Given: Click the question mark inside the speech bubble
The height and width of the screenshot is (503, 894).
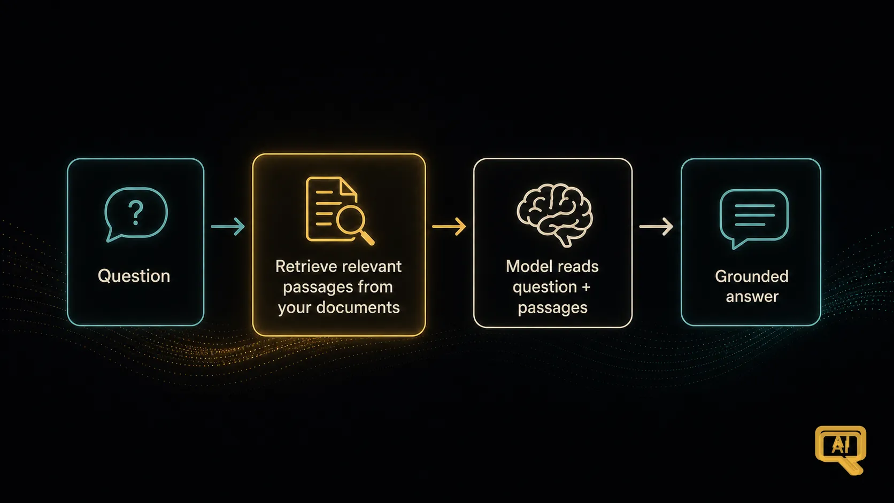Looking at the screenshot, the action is [136, 213].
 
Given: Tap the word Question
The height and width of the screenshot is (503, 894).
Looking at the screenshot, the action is [134, 276].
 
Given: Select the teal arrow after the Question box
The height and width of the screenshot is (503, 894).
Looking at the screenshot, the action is [228, 227].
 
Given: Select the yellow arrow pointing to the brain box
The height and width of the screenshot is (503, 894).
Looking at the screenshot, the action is [449, 227].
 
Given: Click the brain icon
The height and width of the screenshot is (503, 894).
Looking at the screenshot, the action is [555, 214].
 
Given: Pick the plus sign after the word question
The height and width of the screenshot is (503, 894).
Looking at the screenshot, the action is [586, 287].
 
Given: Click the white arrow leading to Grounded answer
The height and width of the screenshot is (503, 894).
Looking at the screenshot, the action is [656, 227].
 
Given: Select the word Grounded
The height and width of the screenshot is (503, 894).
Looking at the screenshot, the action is [752, 276].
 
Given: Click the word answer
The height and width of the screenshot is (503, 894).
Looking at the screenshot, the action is [752, 297].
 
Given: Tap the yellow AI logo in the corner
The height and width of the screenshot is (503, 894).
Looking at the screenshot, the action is [841, 449].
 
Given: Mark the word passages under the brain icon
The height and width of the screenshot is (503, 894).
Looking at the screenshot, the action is [552, 308].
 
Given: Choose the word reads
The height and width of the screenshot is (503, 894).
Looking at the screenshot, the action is [578, 266].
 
